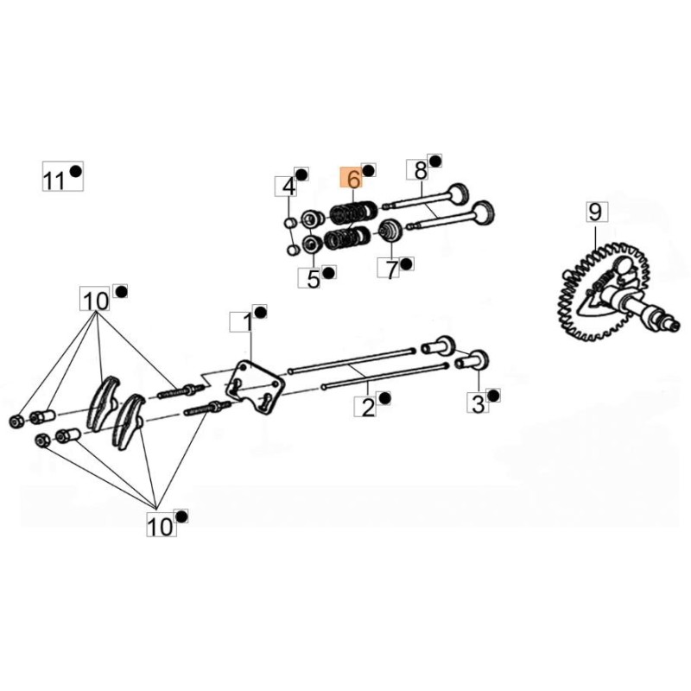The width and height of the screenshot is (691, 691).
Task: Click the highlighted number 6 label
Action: click(351, 178)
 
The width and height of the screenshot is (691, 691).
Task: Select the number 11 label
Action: click(54, 181)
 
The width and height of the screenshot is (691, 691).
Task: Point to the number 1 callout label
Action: click(242, 322)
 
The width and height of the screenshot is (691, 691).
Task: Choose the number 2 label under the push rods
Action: click(365, 406)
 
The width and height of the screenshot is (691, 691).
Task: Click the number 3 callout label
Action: click(479, 403)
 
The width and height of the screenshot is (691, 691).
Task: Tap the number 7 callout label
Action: click(389, 268)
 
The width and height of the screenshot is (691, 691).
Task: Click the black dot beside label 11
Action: click(76, 170)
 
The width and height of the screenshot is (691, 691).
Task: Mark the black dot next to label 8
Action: click(435, 162)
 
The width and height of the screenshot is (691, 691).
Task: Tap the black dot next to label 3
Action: click(494, 396)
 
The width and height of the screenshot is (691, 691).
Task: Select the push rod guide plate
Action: click(254, 386)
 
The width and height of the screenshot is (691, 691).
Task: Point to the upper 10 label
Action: click(95, 301)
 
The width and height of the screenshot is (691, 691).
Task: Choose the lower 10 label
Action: click(162, 526)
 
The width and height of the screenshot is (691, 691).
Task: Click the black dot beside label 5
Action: click(329, 272)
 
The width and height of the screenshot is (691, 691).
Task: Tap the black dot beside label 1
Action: click(261, 312)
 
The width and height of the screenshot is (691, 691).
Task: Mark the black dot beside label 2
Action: click(384, 398)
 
